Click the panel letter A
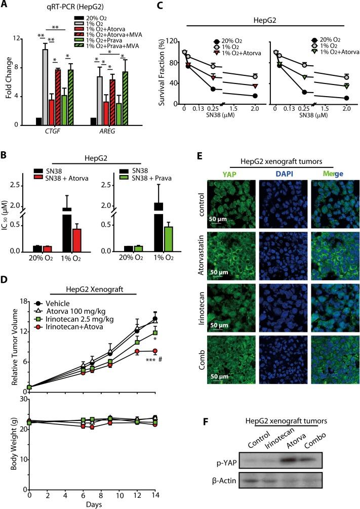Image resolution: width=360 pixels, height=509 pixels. click(x=5, y=5)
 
